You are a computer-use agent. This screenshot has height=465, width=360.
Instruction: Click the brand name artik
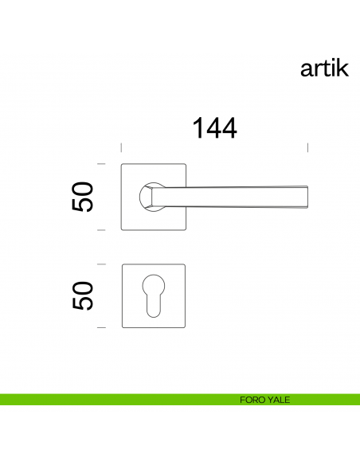click(x=324, y=68)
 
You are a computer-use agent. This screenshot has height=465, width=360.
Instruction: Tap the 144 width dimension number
click(x=214, y=128)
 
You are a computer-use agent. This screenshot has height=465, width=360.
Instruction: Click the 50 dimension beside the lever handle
click(x=83, y=197)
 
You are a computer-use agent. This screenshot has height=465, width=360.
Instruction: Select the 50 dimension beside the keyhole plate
click(x=83, y=295)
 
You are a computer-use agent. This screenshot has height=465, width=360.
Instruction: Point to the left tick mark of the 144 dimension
click(x=120, y=147)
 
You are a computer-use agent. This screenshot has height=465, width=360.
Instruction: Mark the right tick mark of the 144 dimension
click(x=308, y=147)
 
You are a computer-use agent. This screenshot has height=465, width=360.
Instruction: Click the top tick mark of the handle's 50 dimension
click(x=101, y=164)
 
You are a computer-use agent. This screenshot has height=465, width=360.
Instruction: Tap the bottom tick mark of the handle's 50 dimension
click(x=101, y=229)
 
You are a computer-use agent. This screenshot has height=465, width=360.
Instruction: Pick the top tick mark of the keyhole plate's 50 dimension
click(x=101, y=264)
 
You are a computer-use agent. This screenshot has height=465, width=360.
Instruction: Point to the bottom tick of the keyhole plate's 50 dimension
click(x=101, y=328)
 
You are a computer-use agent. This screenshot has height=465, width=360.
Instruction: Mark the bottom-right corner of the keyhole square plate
click(x=184, y=326)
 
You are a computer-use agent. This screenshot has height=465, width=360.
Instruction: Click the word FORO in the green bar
click(x=249, y=400)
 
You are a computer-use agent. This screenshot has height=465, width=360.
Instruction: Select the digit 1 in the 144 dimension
click(x=198, y=128)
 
